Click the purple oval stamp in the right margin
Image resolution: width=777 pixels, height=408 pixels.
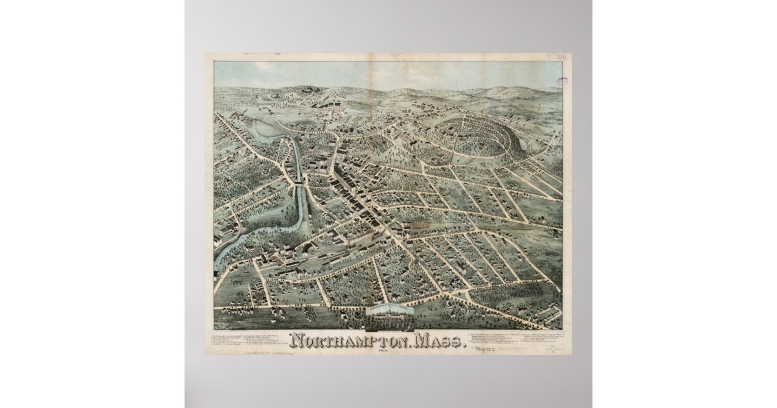click(561, 82)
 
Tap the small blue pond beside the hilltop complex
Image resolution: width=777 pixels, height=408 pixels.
click(355, 111)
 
